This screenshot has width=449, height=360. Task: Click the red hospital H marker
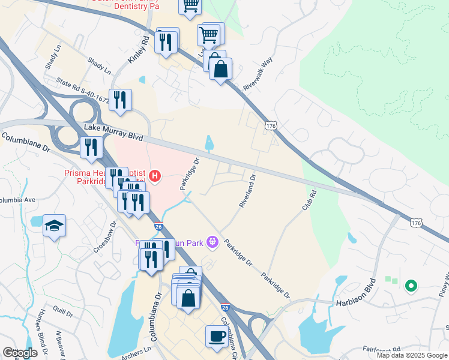[x=155, y=176]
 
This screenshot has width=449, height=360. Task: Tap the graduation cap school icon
[x=54, y=226]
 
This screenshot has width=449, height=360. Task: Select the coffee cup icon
[x=216, y=336]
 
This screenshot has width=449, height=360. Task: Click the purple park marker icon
[x=211, y=242]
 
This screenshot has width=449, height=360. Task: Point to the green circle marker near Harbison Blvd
[x=411, y=286]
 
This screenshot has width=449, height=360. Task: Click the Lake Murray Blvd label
[x=114, y=133]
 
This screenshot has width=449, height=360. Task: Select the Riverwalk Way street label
[x=258, y=74]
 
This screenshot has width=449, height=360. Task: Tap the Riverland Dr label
[x=247, y=191]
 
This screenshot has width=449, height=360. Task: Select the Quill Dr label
[x=63, y=311]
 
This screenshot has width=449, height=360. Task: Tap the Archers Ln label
[x=136, y=354]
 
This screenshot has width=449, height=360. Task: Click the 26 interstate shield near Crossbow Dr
[x=158, y=226]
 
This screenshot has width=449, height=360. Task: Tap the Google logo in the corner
[x=20, y=352]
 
